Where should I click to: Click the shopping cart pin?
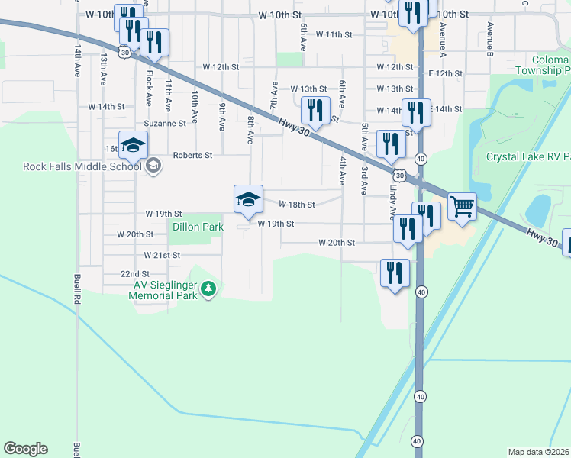pos(462,206)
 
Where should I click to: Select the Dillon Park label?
pos(198,227)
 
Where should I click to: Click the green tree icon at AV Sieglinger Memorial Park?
pos(208,289)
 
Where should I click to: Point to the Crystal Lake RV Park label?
pos(528,156)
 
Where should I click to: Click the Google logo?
pos(25,449)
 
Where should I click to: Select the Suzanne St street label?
pos(165,123)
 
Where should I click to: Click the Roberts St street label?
pos(192,154)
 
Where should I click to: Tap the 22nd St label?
pos(134,273)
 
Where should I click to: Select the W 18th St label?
pos(297,205)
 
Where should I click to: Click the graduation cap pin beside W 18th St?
pos(248,199)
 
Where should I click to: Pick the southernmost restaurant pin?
pos(395,273)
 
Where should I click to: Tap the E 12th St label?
pos(445,73)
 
